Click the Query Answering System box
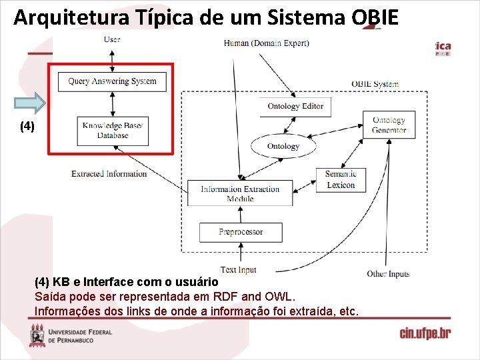point(112,81)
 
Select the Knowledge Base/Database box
point(112,130)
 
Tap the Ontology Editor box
point(295,106)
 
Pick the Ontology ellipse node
point(283,146)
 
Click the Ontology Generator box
point(389,125)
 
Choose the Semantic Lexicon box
point(341,179)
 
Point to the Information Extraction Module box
point(240,193)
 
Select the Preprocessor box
point(241,232)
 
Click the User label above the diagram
point(112,39)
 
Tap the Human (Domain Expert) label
point(266,43)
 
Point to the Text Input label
point(238,270)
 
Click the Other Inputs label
point(388,274)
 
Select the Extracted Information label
point(109,174)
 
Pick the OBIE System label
point(375,84)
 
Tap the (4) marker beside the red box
point(27,125)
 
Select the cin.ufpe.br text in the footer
point(425,333)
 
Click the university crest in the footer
point(37,335)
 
